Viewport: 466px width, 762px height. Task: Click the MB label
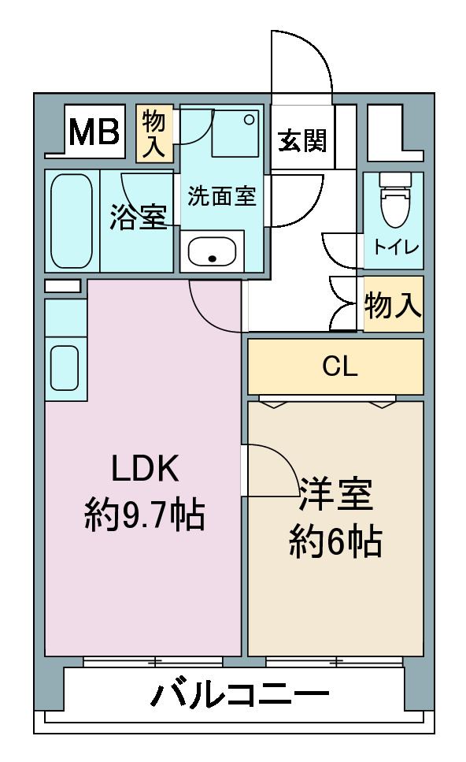[x=94, y=132]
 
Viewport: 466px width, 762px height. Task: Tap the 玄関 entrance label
[x=302, y=141]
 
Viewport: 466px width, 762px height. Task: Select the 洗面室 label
[x=221, y=196]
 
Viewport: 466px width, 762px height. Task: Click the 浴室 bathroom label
[x=139, y=217]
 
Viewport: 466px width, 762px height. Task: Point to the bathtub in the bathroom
[x=72, y=221]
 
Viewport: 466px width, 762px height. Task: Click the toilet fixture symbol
[x=394, y=199]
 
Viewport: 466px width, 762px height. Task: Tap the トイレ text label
[x=396, y=247]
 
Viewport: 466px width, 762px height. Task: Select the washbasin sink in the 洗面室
[x=212, y=251]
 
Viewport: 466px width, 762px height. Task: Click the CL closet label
[x=340, y=366]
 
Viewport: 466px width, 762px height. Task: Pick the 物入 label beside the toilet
[x=394, y=305]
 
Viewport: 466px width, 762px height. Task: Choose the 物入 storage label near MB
[x=153, y=134]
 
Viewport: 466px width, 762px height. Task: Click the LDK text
[x=145, y=468]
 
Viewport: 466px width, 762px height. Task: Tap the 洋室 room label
[x=336, y=494]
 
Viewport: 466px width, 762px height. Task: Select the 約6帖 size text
[x=335, y=541]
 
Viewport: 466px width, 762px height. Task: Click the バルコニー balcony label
[x=240, y=694]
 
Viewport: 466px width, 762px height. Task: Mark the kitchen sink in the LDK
[x=65, y=367]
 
